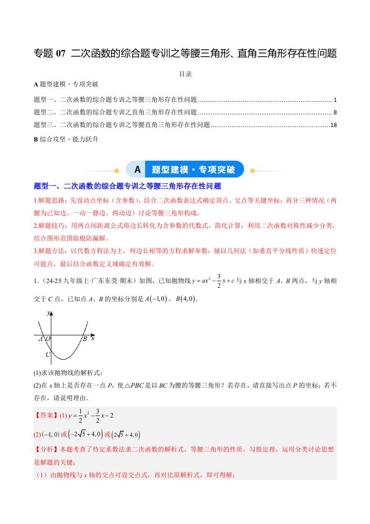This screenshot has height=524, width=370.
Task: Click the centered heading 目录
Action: click(185, 74)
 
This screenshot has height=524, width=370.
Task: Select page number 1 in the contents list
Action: click(335, 100)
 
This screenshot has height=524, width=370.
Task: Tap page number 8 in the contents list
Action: click(335, 113)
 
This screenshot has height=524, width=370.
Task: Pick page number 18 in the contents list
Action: click(333, 125)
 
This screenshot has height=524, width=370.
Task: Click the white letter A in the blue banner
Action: click(138, 169)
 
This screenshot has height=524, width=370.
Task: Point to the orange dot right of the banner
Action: click(252, 171)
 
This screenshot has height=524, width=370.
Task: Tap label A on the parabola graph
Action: click(41, 339)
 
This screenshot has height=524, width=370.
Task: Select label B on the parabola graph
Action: click(85, 339)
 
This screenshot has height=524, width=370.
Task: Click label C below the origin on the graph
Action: click(47, 354)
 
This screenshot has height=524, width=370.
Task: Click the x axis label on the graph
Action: click(92, 338)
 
